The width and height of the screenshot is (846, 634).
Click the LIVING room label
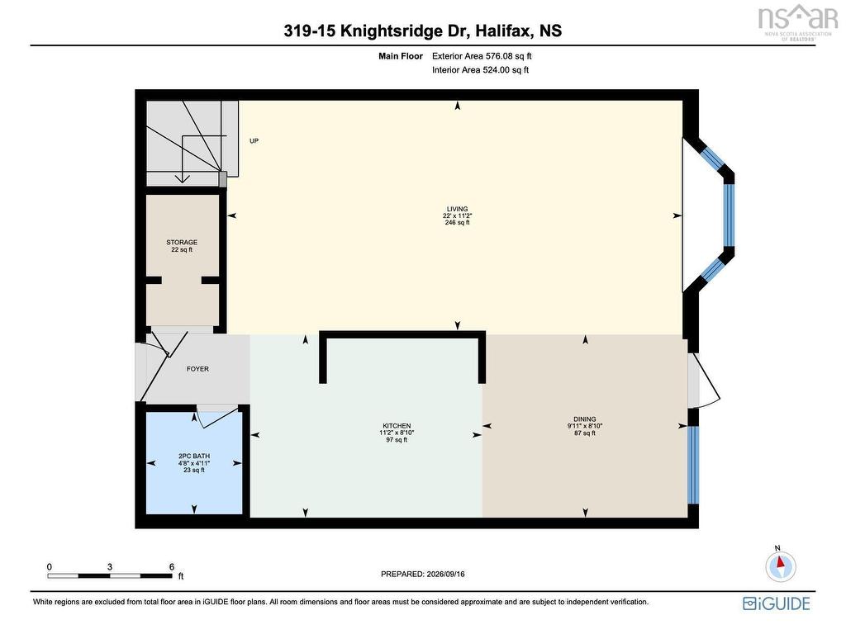pos(457,209)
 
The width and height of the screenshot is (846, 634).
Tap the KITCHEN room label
pos(397,426)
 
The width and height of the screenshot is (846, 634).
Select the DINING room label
pos(585,419)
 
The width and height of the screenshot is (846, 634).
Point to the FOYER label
pos(197,369)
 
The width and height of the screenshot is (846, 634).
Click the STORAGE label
pos(182,242)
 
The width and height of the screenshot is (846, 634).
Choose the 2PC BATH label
pos(194,456)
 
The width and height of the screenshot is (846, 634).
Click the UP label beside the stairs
pos(254,140)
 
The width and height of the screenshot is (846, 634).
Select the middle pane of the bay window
pos(729,215)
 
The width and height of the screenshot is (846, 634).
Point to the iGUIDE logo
pos(777,603)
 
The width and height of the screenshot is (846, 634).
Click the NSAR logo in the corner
pos(797,21)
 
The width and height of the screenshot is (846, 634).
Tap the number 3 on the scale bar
pos(110,566)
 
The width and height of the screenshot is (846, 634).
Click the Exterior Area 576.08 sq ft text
pos(482,55)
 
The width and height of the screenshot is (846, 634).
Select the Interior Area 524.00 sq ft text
pos(480,69)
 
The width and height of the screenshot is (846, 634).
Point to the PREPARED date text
pos(422,575)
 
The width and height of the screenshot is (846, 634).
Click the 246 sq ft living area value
pos(457,222)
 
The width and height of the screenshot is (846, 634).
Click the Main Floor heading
pos(401,55)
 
